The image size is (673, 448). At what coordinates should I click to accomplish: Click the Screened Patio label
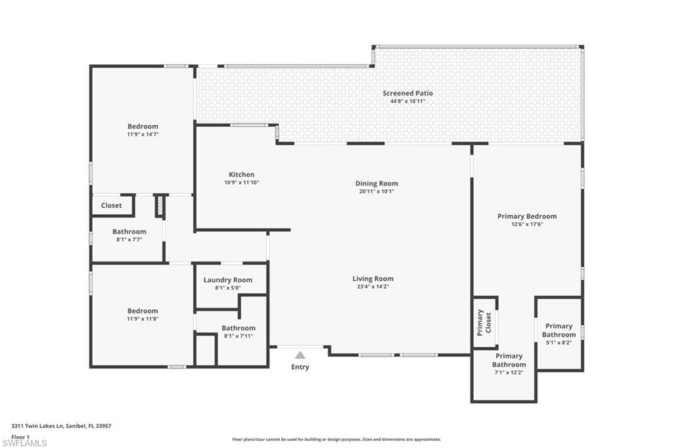(407, 93)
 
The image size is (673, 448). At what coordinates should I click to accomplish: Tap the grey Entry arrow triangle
(300, 355)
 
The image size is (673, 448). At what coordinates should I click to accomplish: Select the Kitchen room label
(241, 174)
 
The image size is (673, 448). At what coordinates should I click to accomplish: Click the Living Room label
(373, 279)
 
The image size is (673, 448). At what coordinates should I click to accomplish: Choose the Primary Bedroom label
(526, 216)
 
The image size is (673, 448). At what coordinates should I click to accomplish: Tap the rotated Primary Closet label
(484, 322)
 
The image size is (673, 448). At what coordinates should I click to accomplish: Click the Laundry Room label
(227, 280)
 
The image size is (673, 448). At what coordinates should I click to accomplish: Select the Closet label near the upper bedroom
(111, 206)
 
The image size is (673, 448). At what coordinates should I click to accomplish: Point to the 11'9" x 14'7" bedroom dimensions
(143, 134)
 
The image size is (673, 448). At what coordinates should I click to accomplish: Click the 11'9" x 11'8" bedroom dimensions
(143, 319)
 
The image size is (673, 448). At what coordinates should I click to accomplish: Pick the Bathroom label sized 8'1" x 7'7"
(129, 231)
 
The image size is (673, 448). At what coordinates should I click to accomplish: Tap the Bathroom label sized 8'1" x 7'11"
(238, 328)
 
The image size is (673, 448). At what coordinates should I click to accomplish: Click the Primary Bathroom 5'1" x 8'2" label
(559, 330)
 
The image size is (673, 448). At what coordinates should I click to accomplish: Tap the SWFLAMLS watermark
(24, 443)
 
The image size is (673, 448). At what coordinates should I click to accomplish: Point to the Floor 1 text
(20, 436)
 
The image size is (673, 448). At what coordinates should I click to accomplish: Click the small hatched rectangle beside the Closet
(159, 206)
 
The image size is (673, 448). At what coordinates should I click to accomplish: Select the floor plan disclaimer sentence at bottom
(336, 439)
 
